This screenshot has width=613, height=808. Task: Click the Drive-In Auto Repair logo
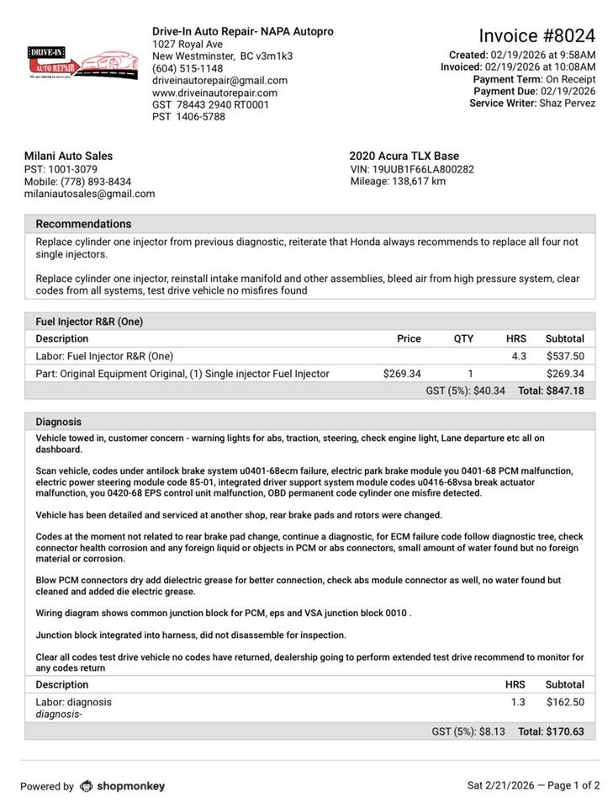82,62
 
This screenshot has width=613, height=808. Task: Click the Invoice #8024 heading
536,35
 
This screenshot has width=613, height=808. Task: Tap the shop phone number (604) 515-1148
188,68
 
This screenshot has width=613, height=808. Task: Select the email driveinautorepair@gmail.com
219,81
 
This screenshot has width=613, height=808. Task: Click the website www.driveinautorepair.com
214,93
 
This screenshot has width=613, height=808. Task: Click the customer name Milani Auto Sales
68,156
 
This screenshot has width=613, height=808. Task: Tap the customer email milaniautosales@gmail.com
89,194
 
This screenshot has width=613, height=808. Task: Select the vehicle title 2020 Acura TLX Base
404,156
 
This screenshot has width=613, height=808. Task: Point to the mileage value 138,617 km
419,181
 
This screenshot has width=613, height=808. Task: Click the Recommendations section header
83,224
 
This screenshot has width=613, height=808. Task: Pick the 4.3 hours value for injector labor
519,356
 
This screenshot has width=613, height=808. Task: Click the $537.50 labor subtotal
565,356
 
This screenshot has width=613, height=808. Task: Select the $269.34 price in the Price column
402,374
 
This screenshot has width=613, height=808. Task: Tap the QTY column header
463,338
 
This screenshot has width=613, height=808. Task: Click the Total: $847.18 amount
551,391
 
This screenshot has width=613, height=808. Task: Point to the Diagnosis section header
58,422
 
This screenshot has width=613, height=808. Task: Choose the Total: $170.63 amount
551,731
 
